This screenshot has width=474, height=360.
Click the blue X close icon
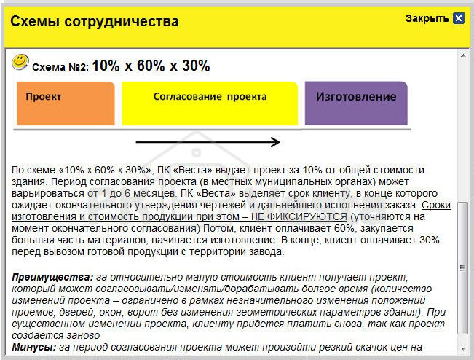458,18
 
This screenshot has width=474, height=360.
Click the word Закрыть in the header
427,18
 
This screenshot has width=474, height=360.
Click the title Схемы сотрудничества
94,22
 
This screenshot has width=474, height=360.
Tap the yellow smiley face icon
20,62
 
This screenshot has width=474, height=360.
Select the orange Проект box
64,103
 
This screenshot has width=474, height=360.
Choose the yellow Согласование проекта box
210,103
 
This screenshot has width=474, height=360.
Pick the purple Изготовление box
355,103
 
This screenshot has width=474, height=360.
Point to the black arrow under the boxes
208,142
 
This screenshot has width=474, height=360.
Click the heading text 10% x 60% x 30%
151,66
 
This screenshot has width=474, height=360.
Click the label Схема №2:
60,67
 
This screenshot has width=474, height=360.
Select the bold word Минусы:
34,347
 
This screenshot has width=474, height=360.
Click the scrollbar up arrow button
463,55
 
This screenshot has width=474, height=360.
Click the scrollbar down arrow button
463,350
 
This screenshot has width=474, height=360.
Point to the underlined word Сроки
436,206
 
